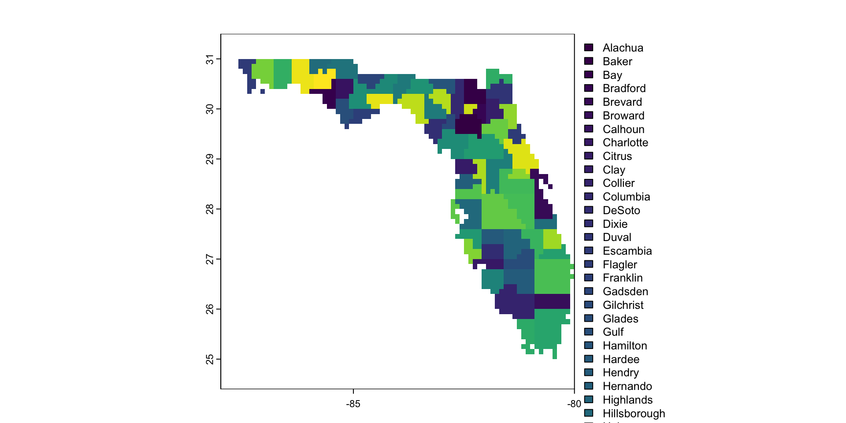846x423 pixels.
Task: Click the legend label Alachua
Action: point(623,48)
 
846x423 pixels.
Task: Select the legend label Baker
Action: point(617,61)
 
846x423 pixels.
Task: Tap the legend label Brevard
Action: point(622,102)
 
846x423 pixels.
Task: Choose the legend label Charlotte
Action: point(625,142)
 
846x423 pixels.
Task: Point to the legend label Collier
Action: point(619,183)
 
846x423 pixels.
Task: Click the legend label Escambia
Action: point(627,251)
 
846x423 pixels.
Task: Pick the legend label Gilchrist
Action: point(623,305)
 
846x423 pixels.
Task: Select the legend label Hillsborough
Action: point(634,413)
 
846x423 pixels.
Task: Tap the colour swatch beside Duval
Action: point(589,237)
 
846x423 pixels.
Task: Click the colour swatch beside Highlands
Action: point(589,400)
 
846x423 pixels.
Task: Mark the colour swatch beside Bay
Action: point(589,74)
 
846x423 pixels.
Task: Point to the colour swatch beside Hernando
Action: point(589,386)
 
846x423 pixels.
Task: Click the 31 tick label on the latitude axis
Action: point(210,59)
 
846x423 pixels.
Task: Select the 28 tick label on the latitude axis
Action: point(210,209)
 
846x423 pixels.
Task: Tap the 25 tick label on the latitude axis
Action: point(210,359)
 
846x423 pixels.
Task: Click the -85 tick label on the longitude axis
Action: point(353,404)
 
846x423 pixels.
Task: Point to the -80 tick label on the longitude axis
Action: point(574,404)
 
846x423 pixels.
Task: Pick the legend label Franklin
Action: point(623,278)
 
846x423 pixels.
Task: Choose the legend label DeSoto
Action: point(621,210)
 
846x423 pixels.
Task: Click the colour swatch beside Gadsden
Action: point(589,291)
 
